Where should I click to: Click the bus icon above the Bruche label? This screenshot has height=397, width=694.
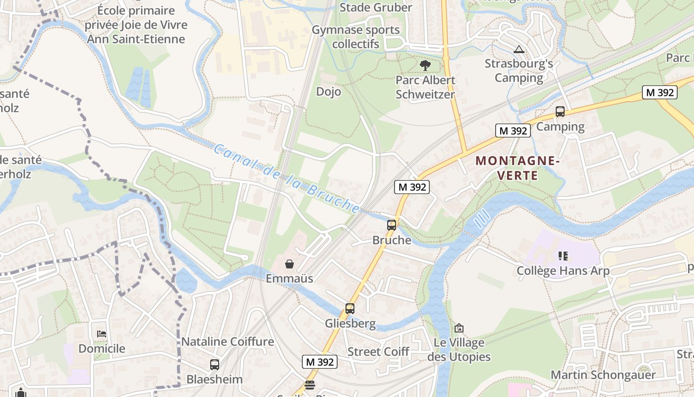(x=392, y=225)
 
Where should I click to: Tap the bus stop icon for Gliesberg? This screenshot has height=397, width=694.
(x=350, y=309)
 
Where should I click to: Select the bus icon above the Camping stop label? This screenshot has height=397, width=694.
(x=560, y=112)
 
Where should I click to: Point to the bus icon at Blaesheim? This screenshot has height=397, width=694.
(x=215, y=365)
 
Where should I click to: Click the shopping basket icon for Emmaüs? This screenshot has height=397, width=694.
(x=289, y=264)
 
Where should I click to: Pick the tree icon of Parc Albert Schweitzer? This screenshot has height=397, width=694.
(x=425, y=65)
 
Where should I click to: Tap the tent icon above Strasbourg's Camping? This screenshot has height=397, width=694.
(x=519, y=49)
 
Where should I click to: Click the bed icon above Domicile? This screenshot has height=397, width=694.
(x=102, y=333)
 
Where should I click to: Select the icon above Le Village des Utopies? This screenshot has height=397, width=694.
(x=459, y=328)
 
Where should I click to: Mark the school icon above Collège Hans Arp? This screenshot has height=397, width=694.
(x=563, y=256)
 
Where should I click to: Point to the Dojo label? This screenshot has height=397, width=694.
(x=329, y=91)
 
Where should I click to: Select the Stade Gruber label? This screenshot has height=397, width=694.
(x=376, y=7)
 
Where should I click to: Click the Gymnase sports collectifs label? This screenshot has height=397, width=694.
(x=355, y=37)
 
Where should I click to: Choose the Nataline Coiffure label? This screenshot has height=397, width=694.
(x=228, y=341)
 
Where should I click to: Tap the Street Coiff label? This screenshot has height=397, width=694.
(x=378, y=352)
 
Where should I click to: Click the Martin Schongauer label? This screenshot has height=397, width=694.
(x=603, y=375)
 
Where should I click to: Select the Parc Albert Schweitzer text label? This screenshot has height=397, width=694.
(x=425, y=87)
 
